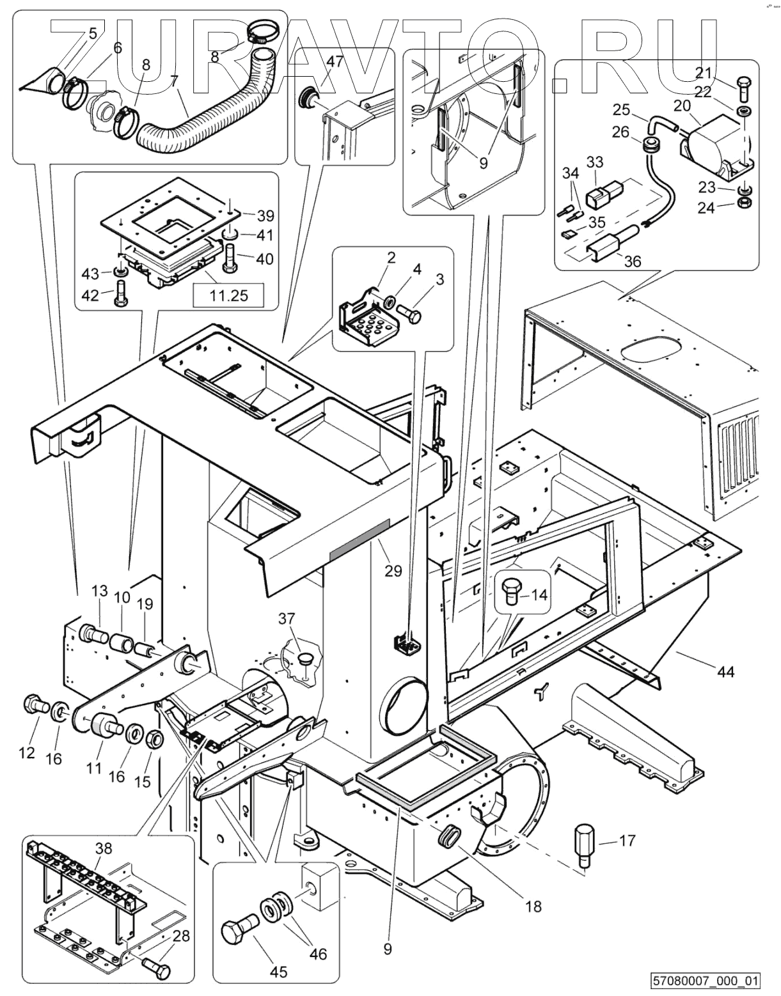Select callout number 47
pos(335,62)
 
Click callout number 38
pos(103,849)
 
